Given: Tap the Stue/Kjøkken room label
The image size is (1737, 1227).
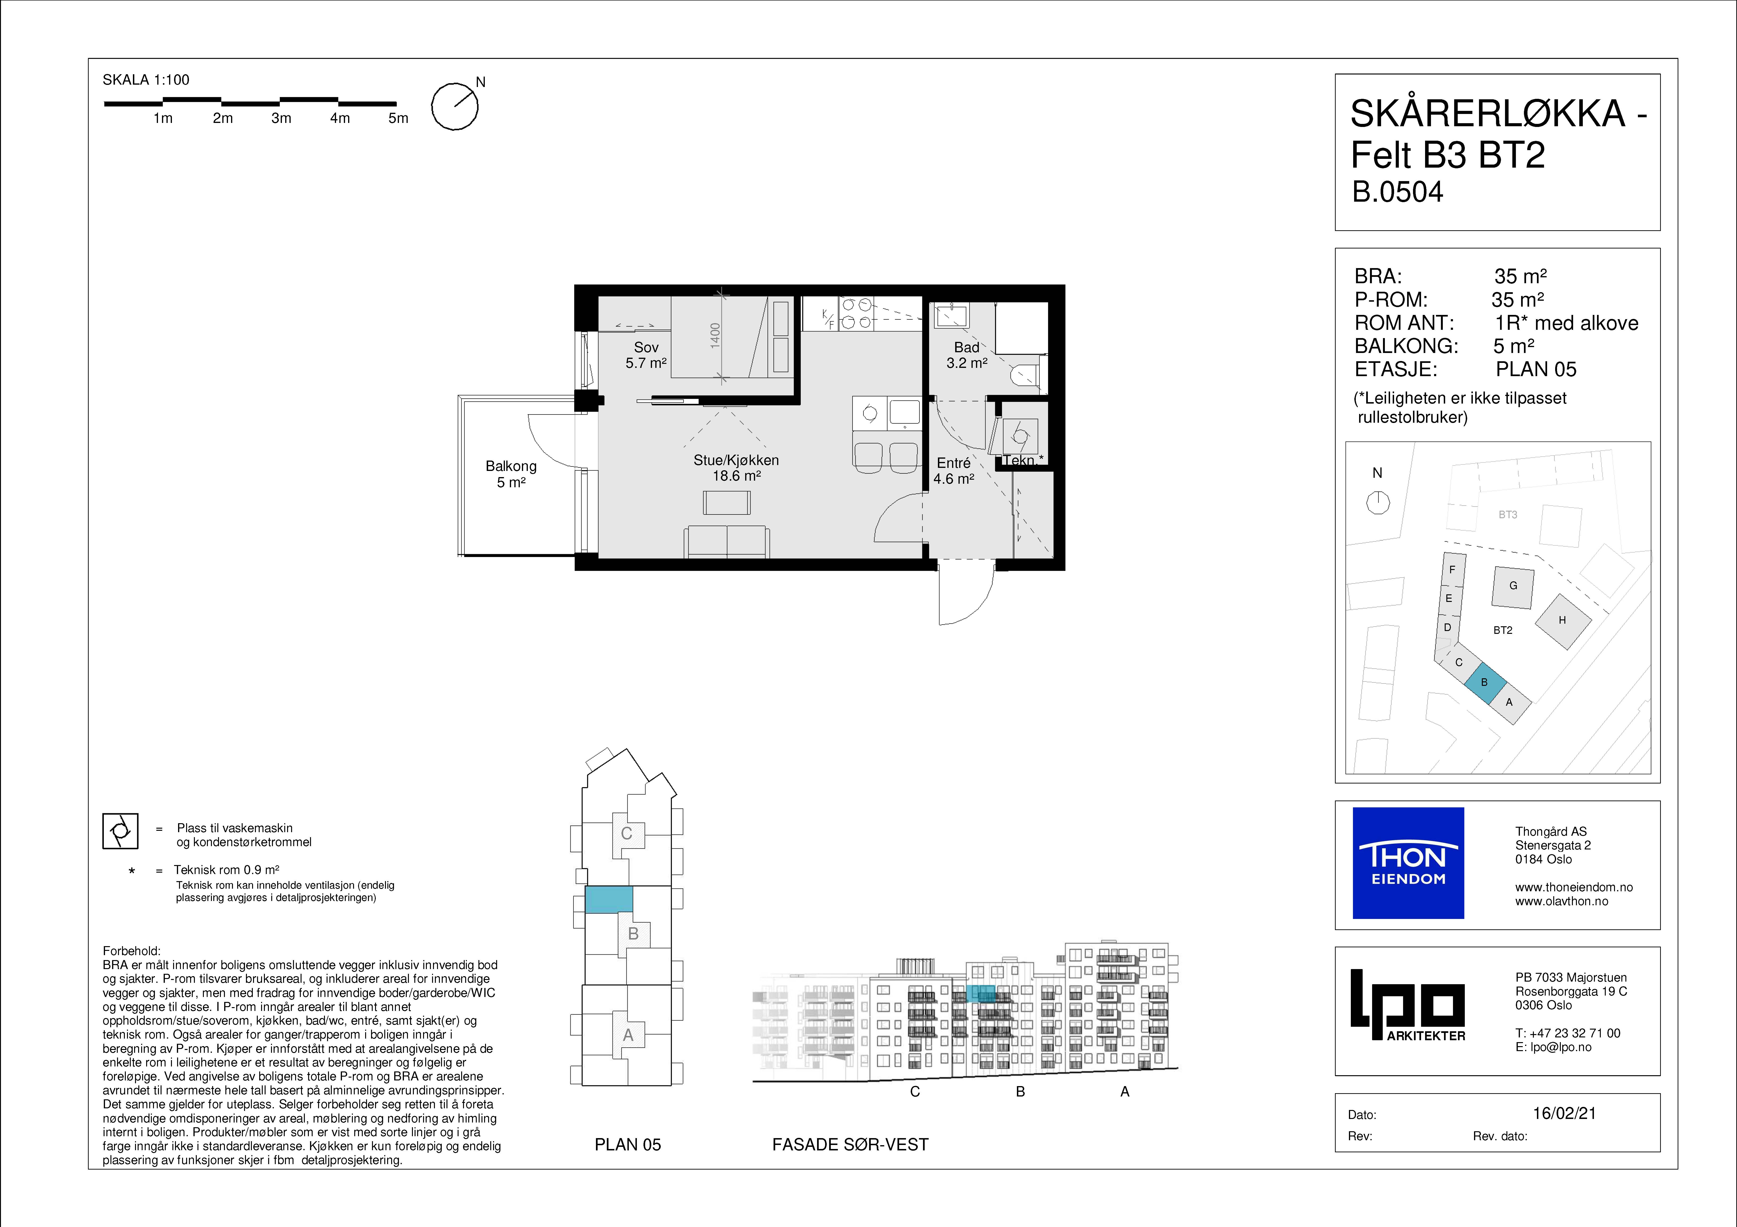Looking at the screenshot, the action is point(736,460).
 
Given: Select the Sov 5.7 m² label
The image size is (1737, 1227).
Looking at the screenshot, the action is point(646,355).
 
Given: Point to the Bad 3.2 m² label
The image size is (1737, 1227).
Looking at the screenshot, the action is point(967,355).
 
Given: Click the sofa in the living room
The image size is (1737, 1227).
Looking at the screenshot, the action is point(727,542).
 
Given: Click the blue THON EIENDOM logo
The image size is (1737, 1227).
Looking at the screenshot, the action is point(1408,863).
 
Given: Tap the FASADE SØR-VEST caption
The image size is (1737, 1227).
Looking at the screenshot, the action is point(850,1144).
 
